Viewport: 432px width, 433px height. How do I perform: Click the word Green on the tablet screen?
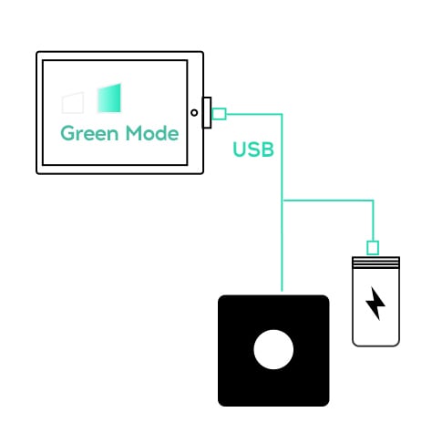[x=89, y=133]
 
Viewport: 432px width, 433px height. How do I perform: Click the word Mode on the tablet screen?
[x=152, y=133]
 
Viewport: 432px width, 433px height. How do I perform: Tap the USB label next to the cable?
[x=253, y=149]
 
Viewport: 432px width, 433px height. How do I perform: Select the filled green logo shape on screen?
[x=109, y=98]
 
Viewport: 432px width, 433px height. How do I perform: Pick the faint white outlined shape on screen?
[x=73, y=103]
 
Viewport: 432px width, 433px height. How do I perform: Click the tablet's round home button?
[x=194, y=113]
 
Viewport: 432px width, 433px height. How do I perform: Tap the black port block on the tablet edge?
[x=207, y=113]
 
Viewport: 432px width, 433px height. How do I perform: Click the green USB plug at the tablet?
[x=219, y=114]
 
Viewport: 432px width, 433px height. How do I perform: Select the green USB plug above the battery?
[x=373, y=248]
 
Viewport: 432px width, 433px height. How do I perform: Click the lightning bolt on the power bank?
[x=375, y=304]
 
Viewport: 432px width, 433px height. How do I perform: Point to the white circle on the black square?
[x=273, y=349]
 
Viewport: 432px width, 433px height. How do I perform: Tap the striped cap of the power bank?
[x=375, y=263]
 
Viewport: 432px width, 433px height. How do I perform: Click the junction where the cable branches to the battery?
[x=283, y=201]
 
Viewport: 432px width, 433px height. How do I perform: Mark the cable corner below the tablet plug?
[x=282, y=114]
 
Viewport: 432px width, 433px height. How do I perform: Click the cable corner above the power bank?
[x=373, y=201]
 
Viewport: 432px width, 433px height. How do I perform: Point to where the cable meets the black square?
[x=282, y=292]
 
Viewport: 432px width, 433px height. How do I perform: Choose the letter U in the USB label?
[x=240, y=149]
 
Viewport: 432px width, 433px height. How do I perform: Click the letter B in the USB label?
[x=268, y=149]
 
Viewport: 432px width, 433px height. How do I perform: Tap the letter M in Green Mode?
[x=134, y=133]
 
